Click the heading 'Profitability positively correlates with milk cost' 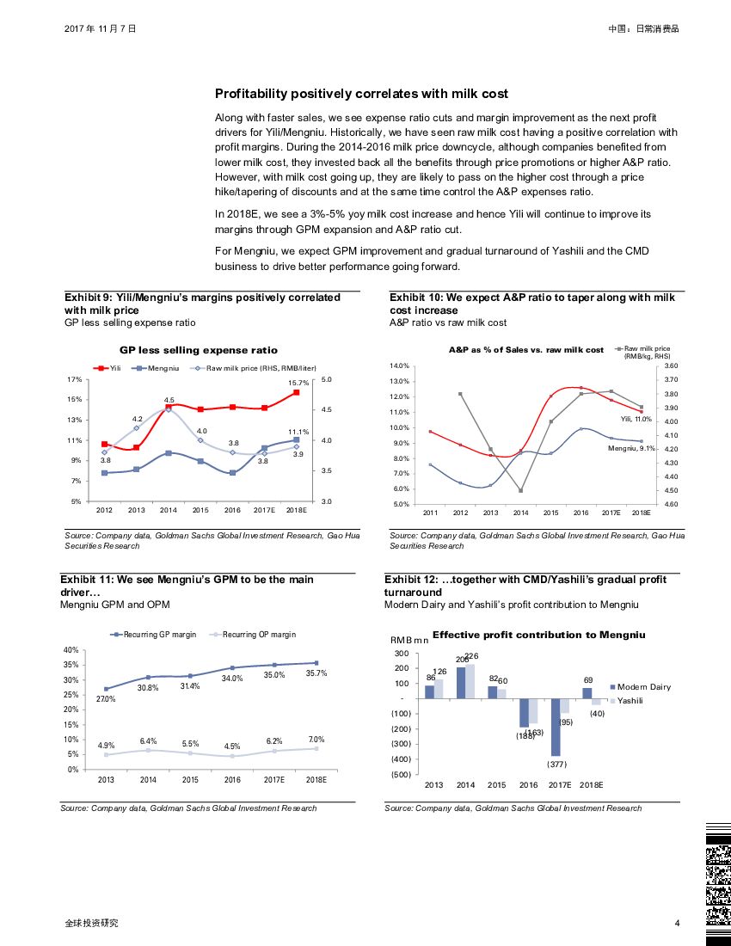pyautogui.click(x=361, y=94)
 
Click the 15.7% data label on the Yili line pyautogui.click(x=298, y=383)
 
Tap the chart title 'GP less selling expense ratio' pyautogui.click(x=198, y=350)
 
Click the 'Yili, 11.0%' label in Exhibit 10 pyautogui.click(x=636, y=419)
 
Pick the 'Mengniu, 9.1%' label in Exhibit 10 pyautogui.click(x=632, y=449)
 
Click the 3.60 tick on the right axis pyautogui.click(x=665, y=366)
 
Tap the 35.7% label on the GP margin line pyautogui.click(x=316, y=673)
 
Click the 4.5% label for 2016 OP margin pyautogui.click(x=231, y=746)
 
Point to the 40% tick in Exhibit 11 pyautogui.click(x=71, y=650)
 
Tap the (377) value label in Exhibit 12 pyautogui.click(x=556, y=764)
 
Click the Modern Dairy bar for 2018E pyautogui.click(x=587, y=693)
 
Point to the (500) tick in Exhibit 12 pyautogui.click(x=400, y=775)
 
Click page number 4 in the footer pyautogui.click(x=677, y=924)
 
